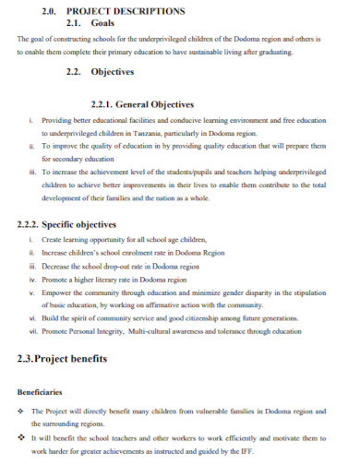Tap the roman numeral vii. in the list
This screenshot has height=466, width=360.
33,330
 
